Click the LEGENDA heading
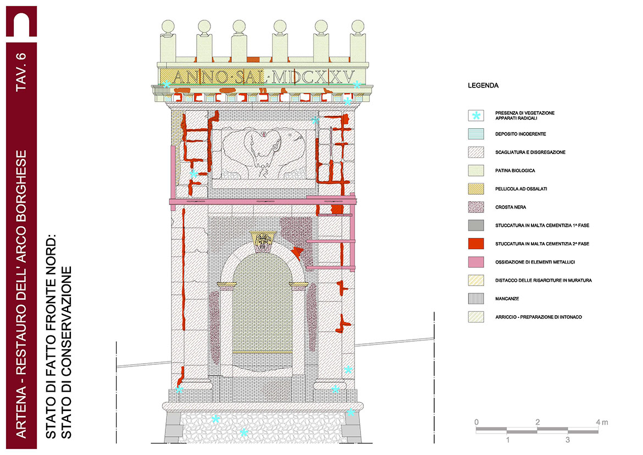483,86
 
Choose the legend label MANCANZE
508,299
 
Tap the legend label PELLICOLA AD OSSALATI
521,189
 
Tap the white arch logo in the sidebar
21,24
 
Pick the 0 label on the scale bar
477,423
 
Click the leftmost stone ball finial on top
168,28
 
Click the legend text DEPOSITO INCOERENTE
520,134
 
